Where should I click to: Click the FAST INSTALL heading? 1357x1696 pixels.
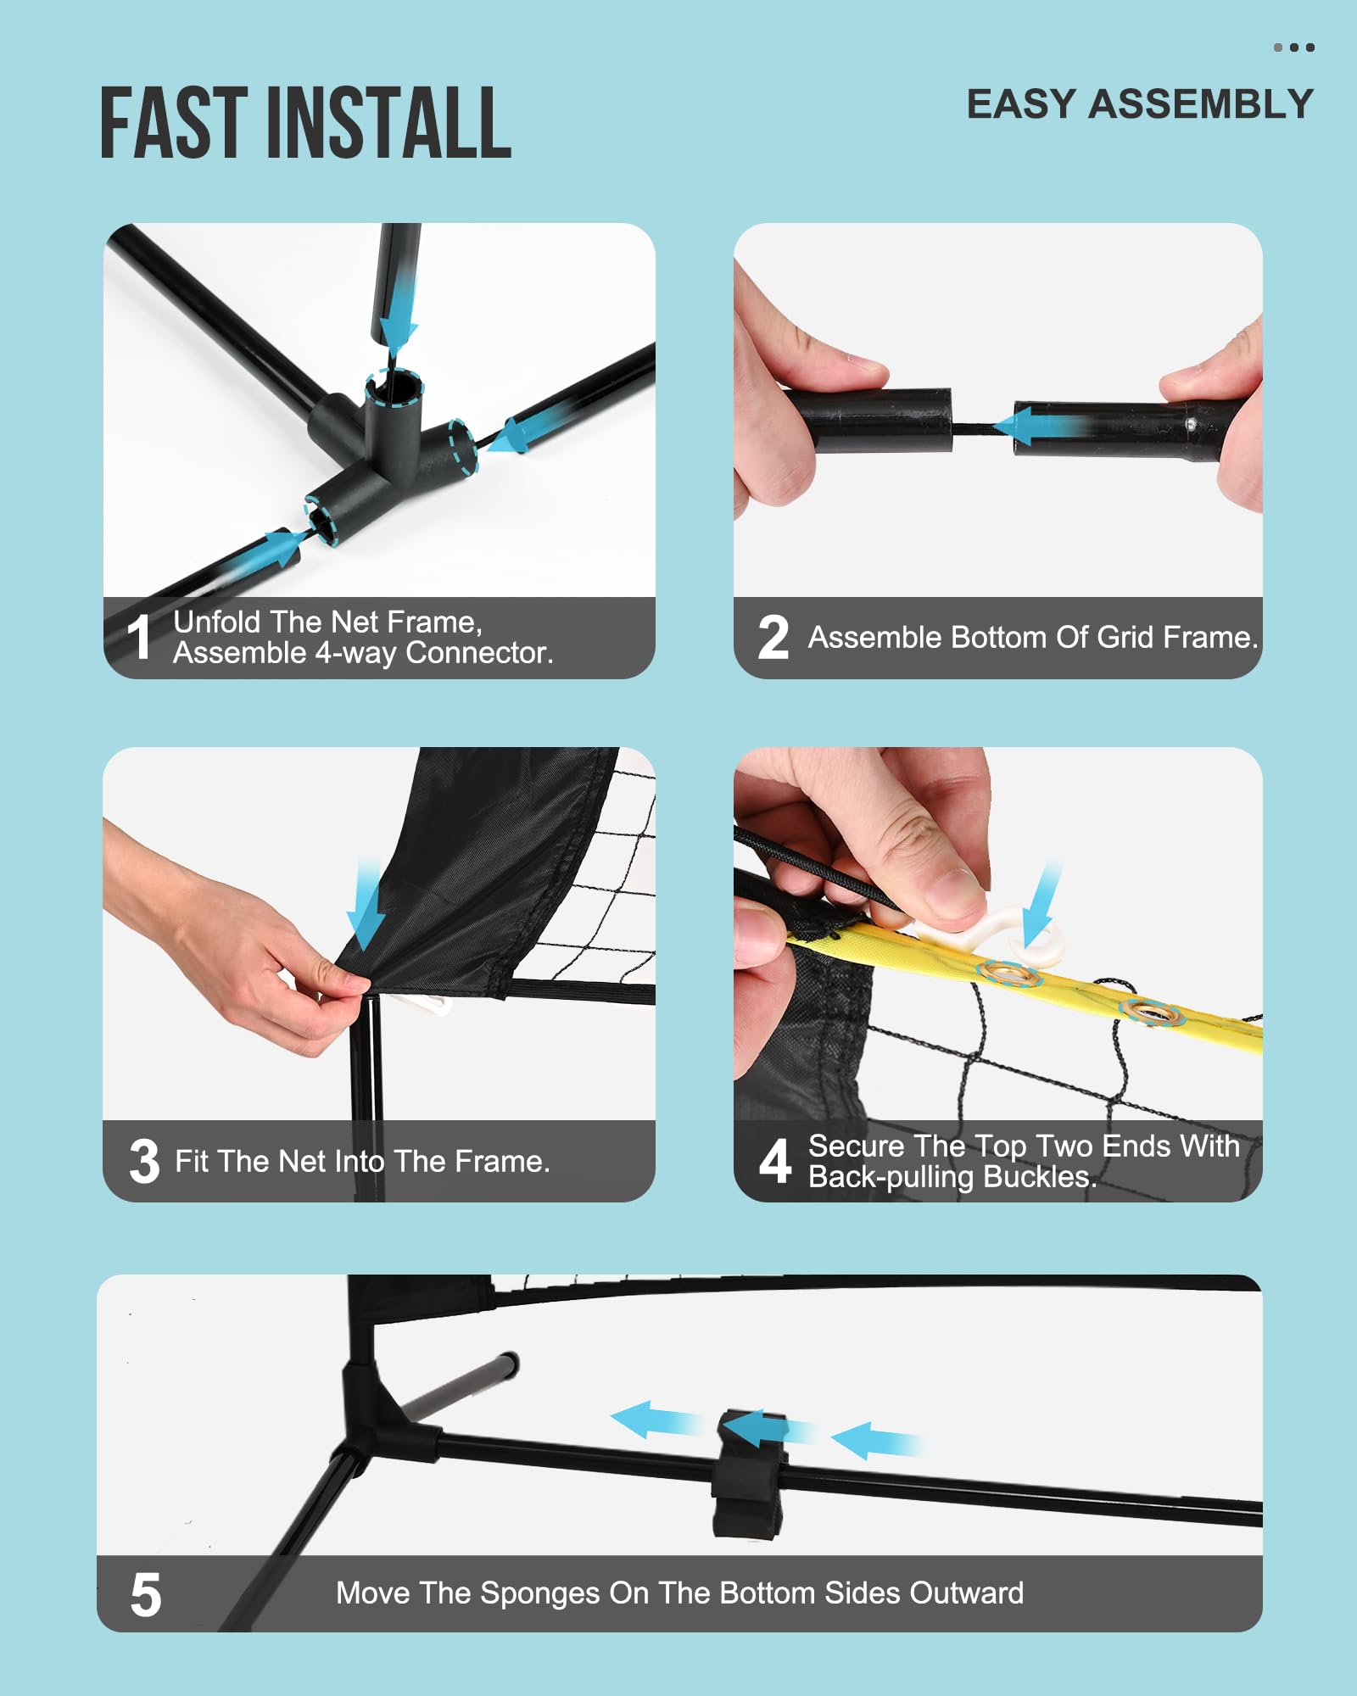[306, 123]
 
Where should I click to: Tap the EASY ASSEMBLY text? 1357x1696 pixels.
[1140, 104]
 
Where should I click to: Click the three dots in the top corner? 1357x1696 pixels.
[1294, 47]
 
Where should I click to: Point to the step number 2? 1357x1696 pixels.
[773, 637]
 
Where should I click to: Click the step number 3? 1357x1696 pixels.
[144, 1161]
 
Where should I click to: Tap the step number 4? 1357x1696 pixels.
[775, 1161]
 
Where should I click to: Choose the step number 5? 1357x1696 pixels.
[146, 1595]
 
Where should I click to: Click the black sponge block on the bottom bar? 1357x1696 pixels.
[748, 1474]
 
